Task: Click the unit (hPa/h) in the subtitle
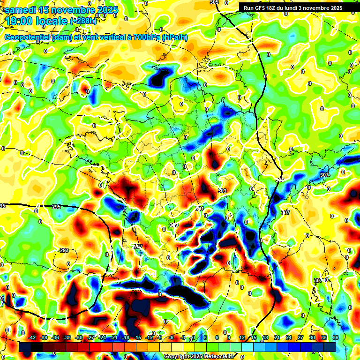click(174, 37)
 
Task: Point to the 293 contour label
click(64, 250)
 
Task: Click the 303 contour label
click(222, 191)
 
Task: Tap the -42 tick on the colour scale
click(32, 337)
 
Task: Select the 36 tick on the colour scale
click(335, 337)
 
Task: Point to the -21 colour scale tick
click(113, 337)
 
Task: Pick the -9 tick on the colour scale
click(159, 337)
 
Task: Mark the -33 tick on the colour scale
click(67, 337)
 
